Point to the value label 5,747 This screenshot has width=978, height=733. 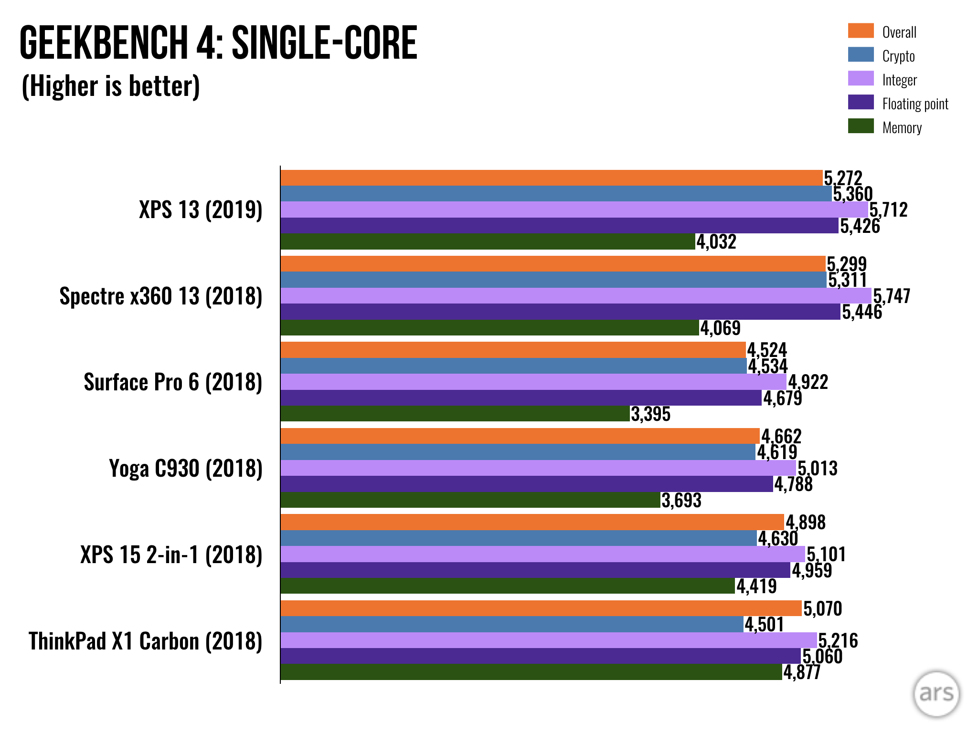click(892, 296)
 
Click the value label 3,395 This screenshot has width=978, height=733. click(650, 414)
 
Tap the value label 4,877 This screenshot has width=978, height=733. click(802, 672)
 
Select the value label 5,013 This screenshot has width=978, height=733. click(818, 469)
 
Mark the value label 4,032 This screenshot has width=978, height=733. click(716, 242)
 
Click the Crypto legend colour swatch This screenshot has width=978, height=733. click(861, 54)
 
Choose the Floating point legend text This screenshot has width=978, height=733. click(915, 104)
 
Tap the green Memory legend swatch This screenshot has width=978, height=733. click(861, 126)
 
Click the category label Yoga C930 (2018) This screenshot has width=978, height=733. click(186, 469)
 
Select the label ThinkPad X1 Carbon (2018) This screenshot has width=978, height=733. click(146, 641)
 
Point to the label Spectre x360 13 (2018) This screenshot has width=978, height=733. click(161, 296)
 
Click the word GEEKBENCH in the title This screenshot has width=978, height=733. click(103, 43)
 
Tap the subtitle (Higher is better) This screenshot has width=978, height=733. click(111, 86)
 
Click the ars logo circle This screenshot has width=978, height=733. click(936, 693)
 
